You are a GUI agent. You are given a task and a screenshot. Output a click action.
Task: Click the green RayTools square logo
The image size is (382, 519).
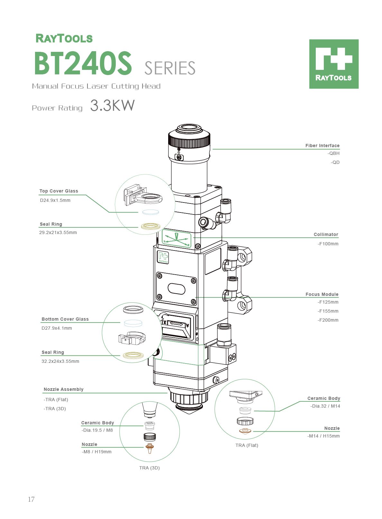[334, 64]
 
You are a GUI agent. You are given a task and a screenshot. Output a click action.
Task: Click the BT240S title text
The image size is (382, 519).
[83, 63]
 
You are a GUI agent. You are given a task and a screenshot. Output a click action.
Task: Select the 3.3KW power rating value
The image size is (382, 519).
[112, 106]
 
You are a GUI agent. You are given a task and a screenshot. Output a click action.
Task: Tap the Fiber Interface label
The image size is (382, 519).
[322, 146]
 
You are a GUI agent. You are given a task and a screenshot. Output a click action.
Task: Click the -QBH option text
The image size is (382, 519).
[333, 154]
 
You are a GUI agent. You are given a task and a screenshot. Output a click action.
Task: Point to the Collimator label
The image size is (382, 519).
[326, 234]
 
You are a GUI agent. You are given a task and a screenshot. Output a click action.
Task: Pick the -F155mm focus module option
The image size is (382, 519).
[328, 311]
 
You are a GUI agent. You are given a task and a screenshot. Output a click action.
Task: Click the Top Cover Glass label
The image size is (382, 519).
[59, 191]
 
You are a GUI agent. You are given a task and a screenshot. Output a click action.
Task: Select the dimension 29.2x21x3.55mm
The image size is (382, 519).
[58, 232]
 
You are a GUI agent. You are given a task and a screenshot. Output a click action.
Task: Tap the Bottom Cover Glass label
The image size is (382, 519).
[65, 319]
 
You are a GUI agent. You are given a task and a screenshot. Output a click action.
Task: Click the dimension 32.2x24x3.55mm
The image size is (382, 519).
[60, 361]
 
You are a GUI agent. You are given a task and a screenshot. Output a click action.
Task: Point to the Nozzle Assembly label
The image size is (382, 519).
[63, 389]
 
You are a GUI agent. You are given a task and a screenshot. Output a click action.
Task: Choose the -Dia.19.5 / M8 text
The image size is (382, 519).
[97, 430]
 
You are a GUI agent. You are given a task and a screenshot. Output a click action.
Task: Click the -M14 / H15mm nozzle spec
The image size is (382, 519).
[323, 436]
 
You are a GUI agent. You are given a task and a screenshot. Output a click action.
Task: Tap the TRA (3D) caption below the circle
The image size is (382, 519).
[150, 468]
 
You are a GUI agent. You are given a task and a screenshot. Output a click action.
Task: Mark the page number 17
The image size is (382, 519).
[31, 499]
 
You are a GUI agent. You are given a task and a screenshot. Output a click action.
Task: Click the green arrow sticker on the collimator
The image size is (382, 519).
[177, 239]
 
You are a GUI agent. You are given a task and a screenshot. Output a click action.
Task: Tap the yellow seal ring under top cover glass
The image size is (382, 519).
[150, 226]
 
